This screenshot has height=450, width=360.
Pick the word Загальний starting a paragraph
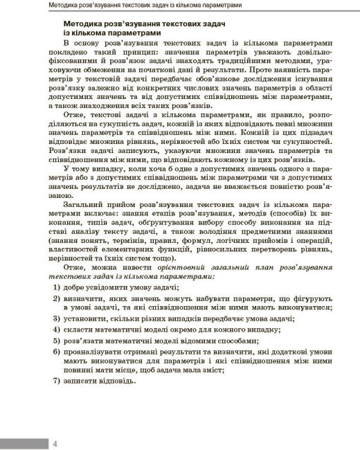83,206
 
